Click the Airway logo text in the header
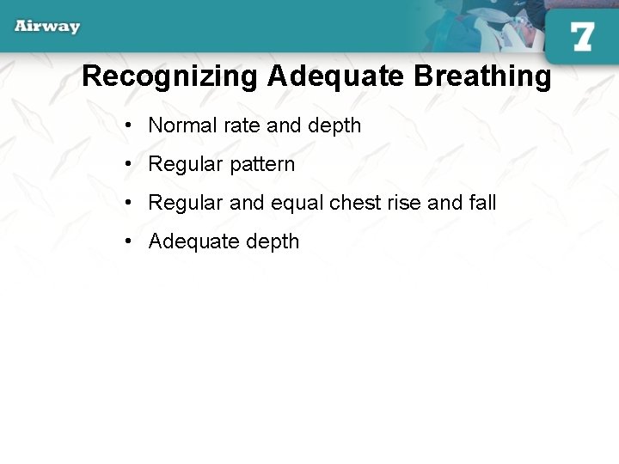click(47, 26)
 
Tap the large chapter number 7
click(582, 37)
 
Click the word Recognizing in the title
click(169, 76)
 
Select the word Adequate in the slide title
click(336, 76)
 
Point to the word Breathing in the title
click(482, 76)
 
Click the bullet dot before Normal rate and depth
click(127, 125)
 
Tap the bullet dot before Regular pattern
click(127, 164)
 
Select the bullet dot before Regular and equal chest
click(127, 203)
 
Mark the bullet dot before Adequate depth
click(127, 241)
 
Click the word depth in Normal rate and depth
click(334, 125)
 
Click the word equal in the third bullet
click(297, 204)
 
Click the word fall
click(482, 203)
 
